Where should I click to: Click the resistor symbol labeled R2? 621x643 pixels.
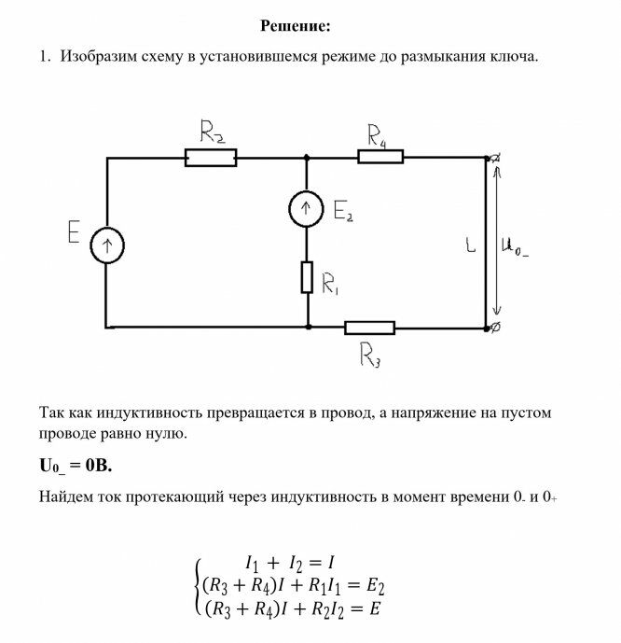(211, 158)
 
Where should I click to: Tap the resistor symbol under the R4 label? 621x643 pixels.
(380, 157)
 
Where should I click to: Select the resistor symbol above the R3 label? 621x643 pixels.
(369, 328)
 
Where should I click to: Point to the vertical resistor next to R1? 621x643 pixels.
(307, 277)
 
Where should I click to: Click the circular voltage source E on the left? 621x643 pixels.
(107, 246)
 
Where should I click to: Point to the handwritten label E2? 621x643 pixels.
(342, 216)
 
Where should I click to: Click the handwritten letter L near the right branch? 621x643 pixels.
(471, 248)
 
